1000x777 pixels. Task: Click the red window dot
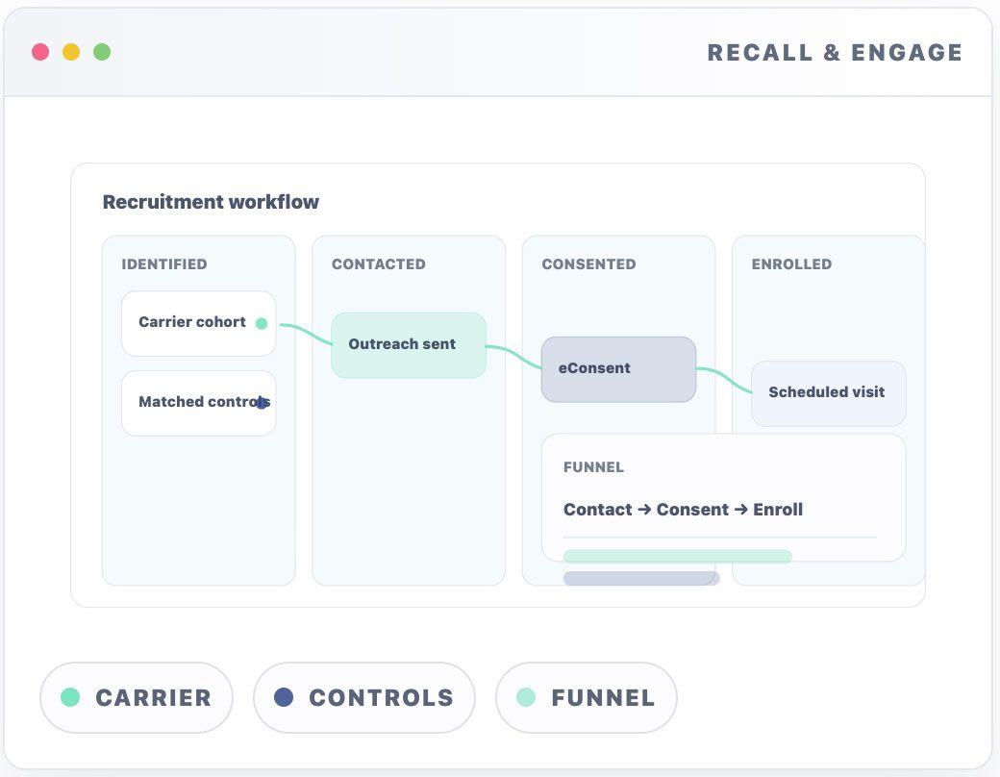40,52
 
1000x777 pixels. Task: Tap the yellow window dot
71,52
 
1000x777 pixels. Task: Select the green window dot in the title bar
102,52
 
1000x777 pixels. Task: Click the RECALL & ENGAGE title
835,53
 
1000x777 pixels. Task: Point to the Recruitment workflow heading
211,202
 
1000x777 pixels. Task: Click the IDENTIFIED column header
164,264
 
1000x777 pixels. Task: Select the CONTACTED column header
378,264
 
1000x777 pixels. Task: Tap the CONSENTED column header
588,264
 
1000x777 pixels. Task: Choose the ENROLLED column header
791,264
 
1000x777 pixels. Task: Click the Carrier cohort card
192,323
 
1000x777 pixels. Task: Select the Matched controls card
197,403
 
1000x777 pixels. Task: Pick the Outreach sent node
408,344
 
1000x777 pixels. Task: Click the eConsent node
617,368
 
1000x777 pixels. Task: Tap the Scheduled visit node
828,392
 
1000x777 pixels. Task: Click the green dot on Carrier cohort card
262,324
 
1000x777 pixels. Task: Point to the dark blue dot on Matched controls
262,403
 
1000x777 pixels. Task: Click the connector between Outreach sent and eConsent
513,354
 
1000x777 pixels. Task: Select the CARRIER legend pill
136,697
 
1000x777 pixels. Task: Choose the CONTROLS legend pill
363,697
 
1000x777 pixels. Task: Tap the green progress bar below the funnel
677,556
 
